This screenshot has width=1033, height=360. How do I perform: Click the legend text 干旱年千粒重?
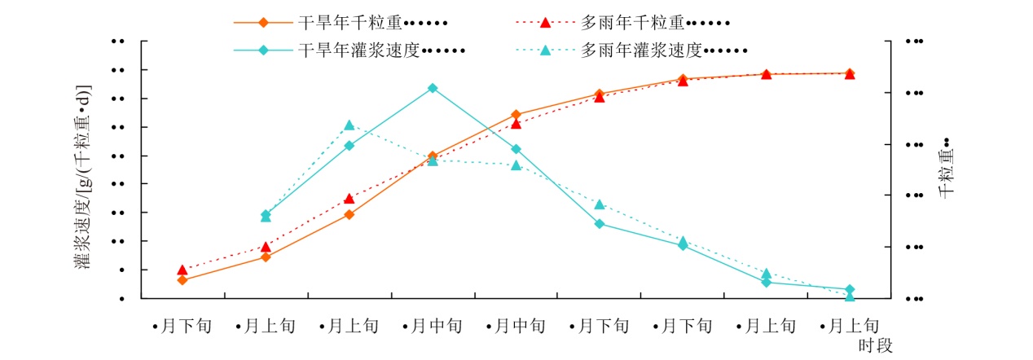pos(350,23)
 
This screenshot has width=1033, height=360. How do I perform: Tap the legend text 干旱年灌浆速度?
pos(358,50)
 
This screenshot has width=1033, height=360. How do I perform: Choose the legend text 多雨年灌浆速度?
pos(642,50)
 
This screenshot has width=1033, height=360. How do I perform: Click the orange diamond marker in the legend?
pos(263,22)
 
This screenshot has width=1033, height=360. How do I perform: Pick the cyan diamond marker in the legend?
pos(263,50)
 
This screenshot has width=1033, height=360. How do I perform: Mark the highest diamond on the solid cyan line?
pos(433,88)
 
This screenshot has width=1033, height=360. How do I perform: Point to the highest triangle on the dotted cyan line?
pos(349,125)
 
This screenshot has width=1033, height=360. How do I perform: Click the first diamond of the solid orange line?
pos(182,280)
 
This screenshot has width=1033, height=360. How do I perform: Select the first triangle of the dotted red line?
pos(182,270)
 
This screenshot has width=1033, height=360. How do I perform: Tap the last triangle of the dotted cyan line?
pos(850,296)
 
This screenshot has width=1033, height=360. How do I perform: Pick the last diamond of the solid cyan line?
pos(850,289)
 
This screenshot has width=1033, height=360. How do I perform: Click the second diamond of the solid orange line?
pos(266,257)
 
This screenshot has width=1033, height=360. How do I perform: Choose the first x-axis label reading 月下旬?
pos(182,327)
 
